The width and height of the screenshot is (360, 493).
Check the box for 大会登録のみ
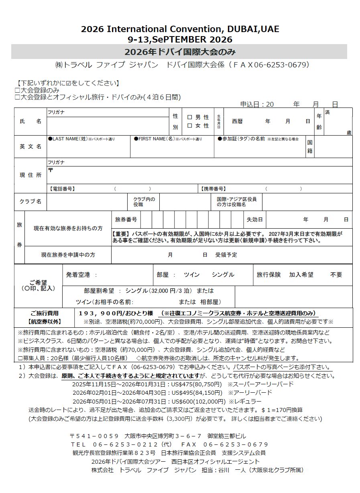17,91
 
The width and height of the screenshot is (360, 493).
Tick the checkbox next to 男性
189,118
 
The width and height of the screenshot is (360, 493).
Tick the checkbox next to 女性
189,126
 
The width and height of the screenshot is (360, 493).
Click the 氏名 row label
31,121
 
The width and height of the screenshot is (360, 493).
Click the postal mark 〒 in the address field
50,170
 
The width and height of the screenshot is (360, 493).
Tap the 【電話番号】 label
62,189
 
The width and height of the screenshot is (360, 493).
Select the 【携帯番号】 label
213,189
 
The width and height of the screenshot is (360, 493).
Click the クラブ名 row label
31,201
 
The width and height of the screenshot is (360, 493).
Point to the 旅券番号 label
126,220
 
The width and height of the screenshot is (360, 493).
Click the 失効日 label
255,220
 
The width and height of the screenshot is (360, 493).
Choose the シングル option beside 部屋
223,275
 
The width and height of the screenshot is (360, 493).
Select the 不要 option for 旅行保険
336,275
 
